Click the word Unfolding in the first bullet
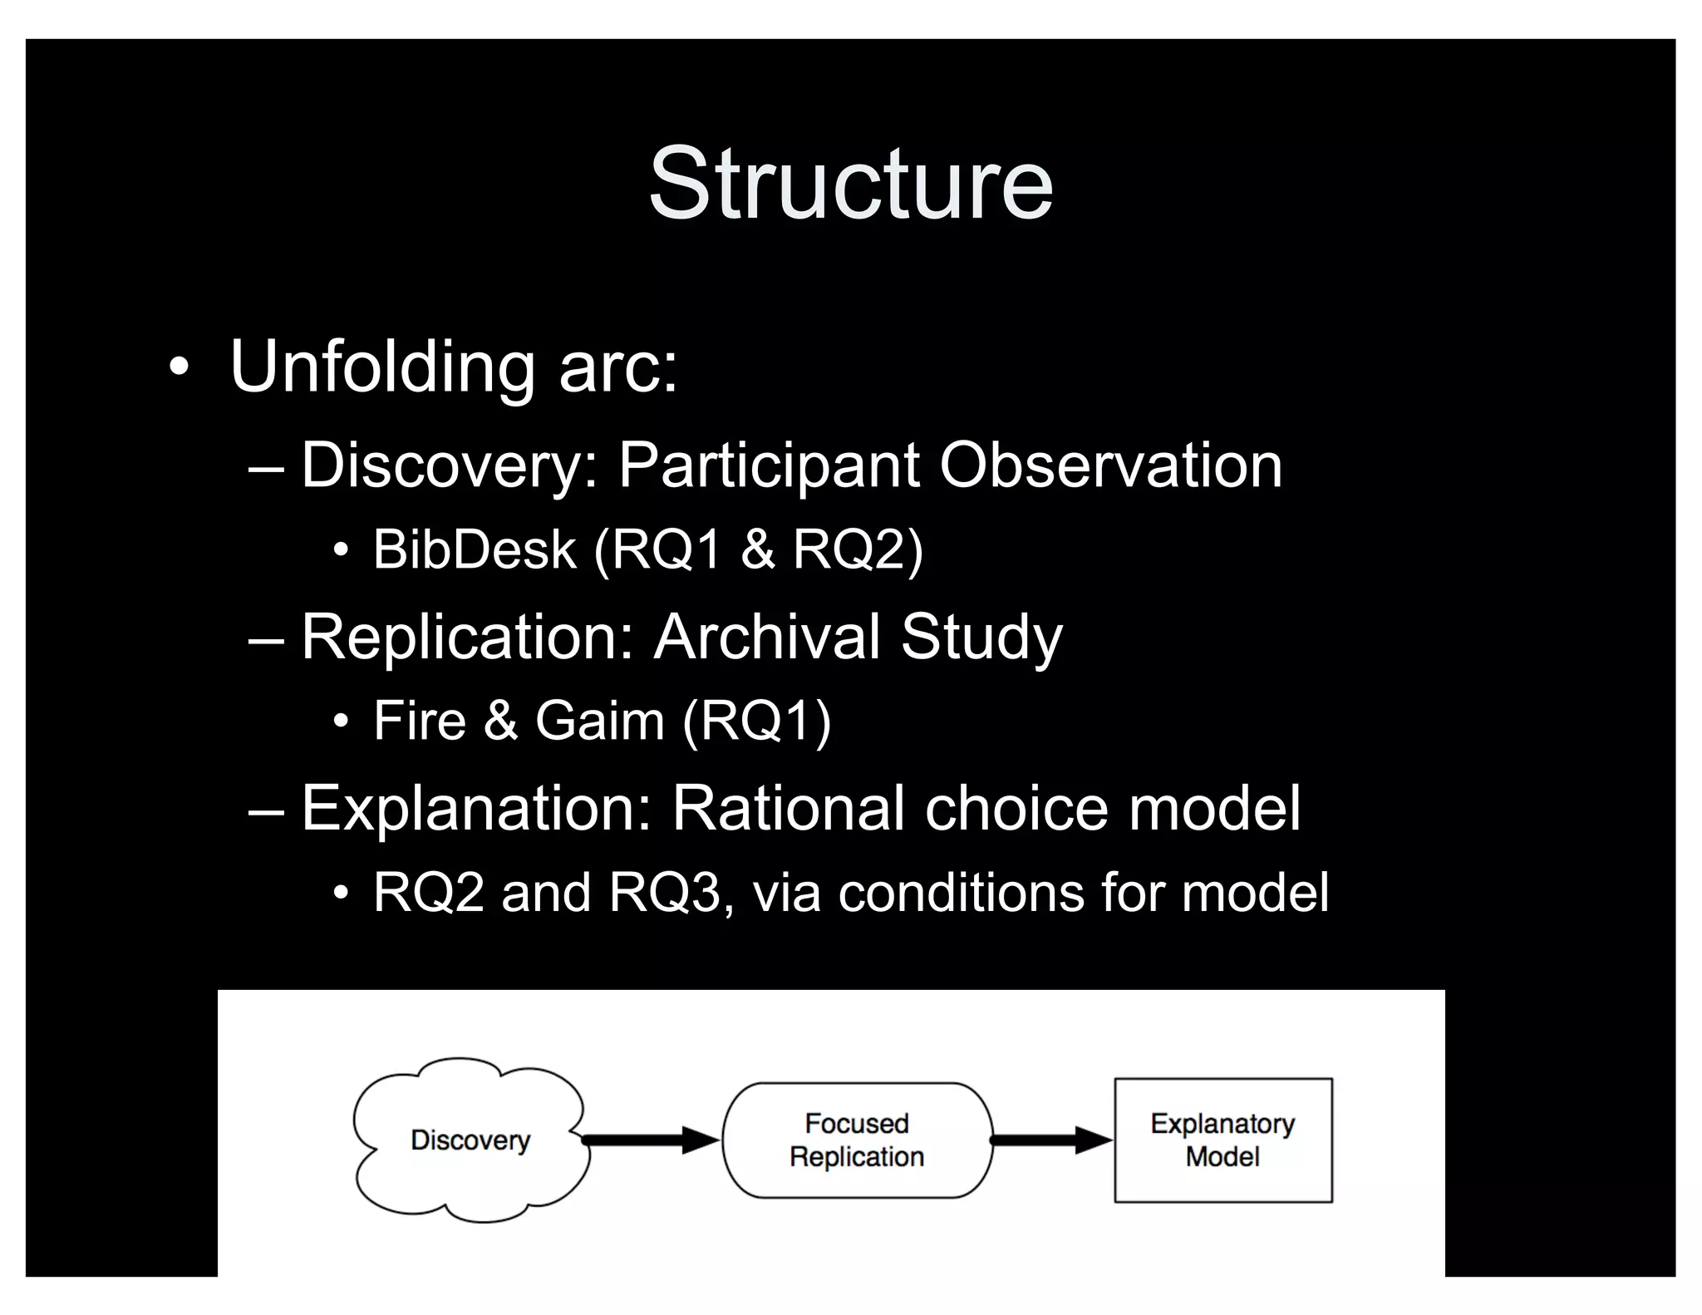coord(381,367)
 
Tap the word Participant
coord(768,465)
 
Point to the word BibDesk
coord(474,550)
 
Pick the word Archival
coord(765,638)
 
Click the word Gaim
coord(599,721)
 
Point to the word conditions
coord(961,893)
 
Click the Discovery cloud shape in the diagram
coord(470,1140)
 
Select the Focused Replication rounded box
coord(857,1140)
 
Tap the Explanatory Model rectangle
coord(1222,1140)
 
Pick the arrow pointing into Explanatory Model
coord(1051,1140)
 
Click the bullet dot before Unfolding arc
coord(178,368)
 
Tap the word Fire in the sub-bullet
coord(420,721)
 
